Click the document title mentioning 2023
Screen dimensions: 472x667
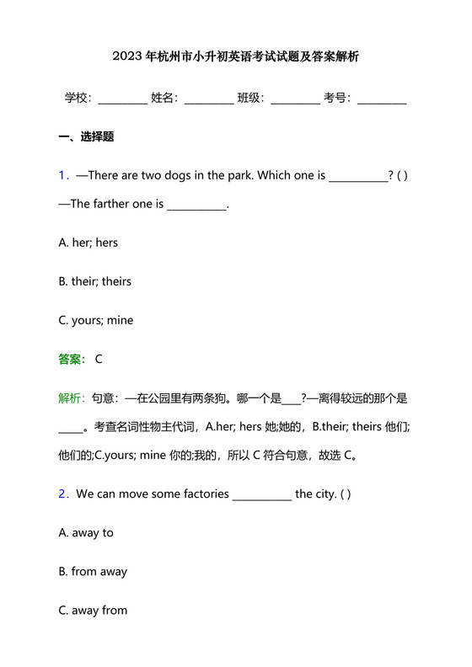coord(235,58)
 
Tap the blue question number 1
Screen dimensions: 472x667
coord(63,176)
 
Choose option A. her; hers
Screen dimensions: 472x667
coord(88,243)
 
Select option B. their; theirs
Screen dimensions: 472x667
coord(95,281)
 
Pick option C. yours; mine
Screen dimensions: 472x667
coord(96,320)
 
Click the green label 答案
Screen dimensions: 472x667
coord(72,360)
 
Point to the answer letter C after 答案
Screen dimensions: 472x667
coord(99,360)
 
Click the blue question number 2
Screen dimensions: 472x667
coord(63,494)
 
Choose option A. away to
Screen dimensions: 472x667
coord(86,533)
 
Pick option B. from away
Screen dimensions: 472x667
coord(93,572)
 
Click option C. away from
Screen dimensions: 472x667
coord(93,611)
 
